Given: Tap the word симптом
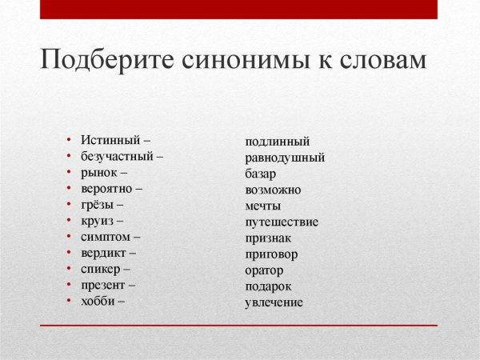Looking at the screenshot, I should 106,237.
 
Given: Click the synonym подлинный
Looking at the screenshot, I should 277,142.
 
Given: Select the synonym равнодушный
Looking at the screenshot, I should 285,158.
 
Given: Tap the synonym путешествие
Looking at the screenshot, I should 282,222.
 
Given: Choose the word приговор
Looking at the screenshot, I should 271,254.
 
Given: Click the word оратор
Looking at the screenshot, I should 264,270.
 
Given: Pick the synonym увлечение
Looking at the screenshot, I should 274,302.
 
